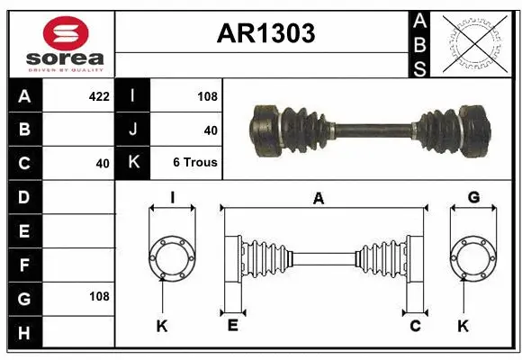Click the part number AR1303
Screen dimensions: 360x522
point(265,33)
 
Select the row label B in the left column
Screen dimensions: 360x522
point(24,129)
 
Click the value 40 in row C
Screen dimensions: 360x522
point(102,164)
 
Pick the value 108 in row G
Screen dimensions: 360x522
point(98,296)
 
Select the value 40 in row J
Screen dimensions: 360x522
point(211,130)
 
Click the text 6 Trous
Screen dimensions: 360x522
point(194,163)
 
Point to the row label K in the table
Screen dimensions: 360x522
point(133,163)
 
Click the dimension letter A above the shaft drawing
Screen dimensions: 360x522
point(318,199)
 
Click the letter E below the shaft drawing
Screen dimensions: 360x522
point(232,326)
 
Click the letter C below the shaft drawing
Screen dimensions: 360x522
point(415,326)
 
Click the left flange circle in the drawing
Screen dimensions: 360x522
point(171,258)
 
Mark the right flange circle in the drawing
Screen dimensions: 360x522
point(473,258)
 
